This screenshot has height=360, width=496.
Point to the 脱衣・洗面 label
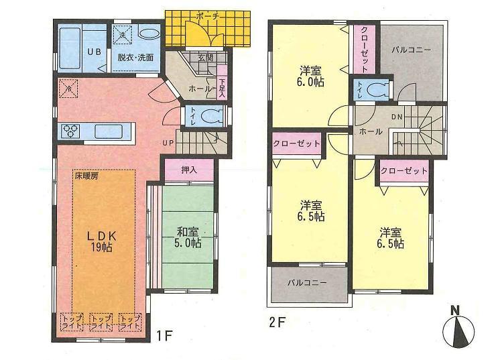click(136, 58)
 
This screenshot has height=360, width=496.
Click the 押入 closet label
click(189, 170)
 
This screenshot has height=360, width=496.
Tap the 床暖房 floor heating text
click(86, 176)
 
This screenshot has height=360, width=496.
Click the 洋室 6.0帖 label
click(311, 75)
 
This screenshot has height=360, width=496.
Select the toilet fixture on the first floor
click(210, 116)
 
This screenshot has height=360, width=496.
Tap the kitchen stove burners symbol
click(70, 131)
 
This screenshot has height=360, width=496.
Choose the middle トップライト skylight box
click(102, 320)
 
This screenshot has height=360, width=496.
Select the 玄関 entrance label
click(204, 58)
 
